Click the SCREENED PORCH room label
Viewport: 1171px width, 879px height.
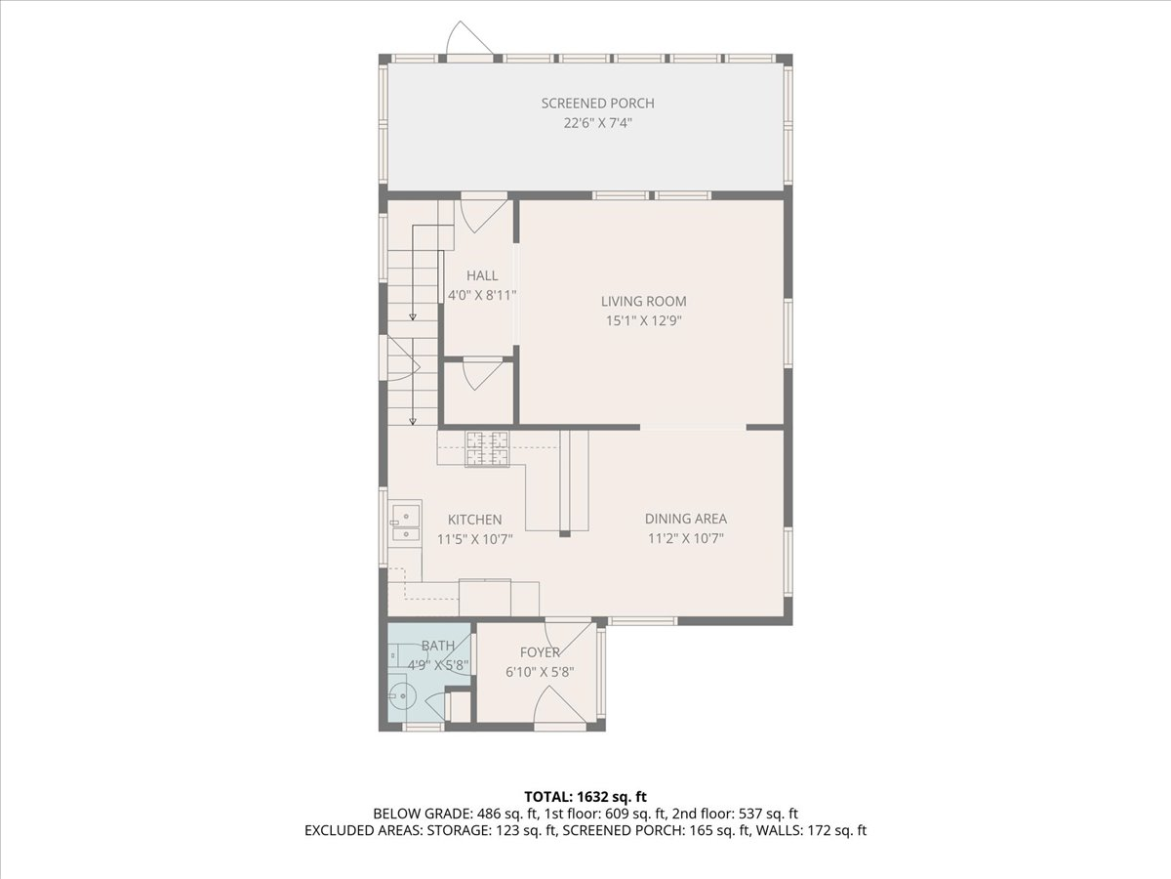click(x=597, y=103)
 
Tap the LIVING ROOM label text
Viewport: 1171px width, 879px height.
click(x=643, y=301)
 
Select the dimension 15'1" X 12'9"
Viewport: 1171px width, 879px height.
click(x=644, y=320)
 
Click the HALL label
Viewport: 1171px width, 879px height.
click(x=482, y=275)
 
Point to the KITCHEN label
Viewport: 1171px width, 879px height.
click(x=475, y=520)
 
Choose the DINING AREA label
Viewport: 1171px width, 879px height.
click(x=686, y=519)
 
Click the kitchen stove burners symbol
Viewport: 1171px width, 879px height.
click(x=487, y=448)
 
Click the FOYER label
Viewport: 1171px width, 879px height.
click(x=540, y=652)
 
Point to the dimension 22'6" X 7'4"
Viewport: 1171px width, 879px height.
click(x=597, y=123)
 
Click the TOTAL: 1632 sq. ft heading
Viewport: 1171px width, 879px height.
click(x=585, y=797)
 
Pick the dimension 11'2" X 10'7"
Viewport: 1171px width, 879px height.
click(x=686, y=538)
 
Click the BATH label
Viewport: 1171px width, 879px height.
click(x=438, y=646)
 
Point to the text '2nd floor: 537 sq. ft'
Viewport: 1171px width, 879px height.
click(x=735, y=814)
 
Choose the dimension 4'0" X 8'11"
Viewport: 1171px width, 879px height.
click(x=482, y=295)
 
